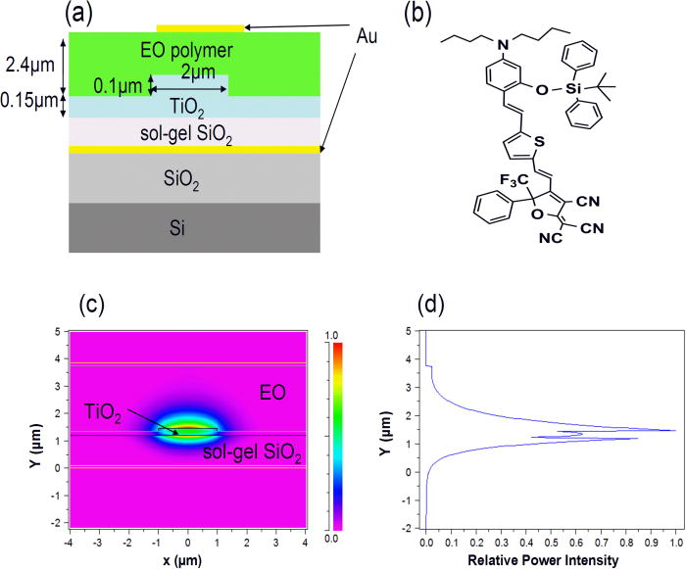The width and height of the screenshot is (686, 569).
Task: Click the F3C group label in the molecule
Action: [x=519, y=181]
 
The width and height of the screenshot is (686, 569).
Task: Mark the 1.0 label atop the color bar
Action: [x=335, y=336]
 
